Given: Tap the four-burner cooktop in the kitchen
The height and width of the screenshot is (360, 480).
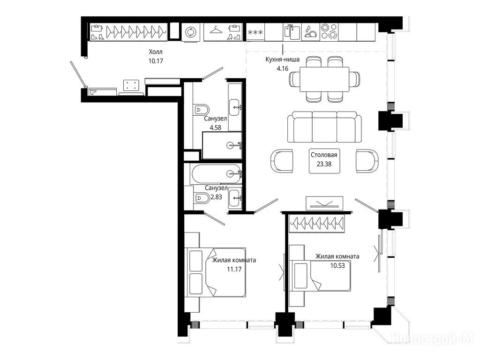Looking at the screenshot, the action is [x=329, y=31].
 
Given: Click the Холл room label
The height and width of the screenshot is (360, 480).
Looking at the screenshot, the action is [x=156, y=52].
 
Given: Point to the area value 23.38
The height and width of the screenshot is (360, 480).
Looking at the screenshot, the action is [x=324, y=164].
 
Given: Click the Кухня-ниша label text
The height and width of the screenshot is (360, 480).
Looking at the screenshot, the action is [x=282, y=60].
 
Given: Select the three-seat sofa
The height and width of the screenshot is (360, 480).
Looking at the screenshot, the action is [x=324, y=127].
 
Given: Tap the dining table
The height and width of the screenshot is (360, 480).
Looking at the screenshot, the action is [x=324, y=79].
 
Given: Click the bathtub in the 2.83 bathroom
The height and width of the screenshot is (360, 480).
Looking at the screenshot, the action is [x=216, y=174].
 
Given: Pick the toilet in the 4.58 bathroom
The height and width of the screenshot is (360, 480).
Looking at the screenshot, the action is [x=202, y=110].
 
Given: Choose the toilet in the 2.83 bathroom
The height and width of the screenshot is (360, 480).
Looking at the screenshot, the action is [x=202, y=198].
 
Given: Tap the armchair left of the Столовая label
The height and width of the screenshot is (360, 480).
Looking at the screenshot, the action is [x=282, y=161].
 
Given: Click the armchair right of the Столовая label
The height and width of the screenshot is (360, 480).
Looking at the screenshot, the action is [x=367, y=161].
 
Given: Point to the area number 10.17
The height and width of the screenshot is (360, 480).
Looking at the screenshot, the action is [x=156, y=61].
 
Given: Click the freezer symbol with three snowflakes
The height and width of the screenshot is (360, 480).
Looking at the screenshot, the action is [x=255, y=32].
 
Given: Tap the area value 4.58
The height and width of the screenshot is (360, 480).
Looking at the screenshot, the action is [x=216, y=127].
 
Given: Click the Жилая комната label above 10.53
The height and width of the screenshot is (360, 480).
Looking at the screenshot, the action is [x=337, y=256].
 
